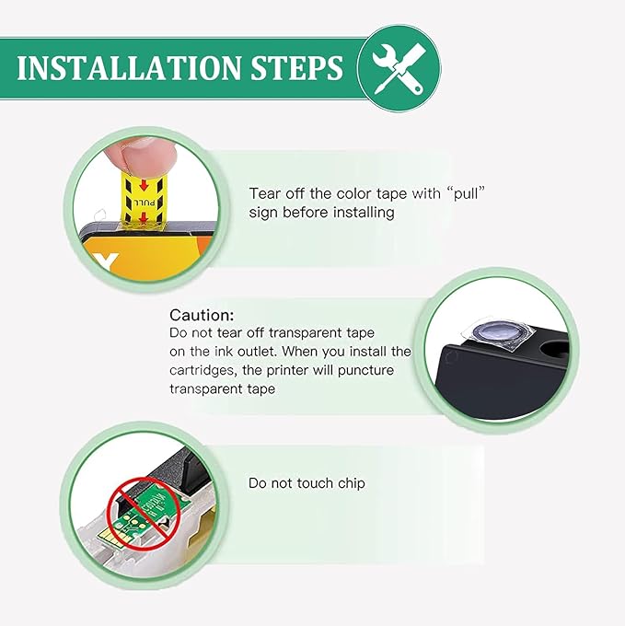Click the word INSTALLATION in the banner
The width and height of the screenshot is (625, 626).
click(x=129, y=67)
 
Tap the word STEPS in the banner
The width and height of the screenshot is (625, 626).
click(x=296, y=67)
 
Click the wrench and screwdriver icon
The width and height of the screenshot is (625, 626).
click(x=399, y=68)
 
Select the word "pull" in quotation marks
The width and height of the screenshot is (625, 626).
click(x=466, y=194)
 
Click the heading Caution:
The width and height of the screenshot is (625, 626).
click(x=202, y=316)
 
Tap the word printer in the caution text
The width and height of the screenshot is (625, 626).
click(x=287, y=370)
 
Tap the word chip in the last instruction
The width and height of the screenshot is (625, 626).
click(x=352, y=483)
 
